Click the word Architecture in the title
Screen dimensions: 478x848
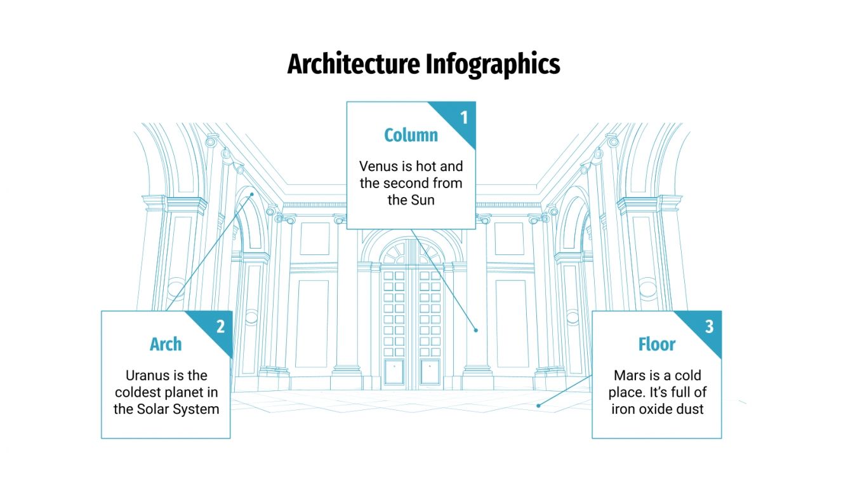click(354, 64)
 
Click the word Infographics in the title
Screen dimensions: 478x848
click(493, 64)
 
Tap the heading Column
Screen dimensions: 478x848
click(411, 135)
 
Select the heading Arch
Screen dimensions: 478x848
click(166, 344)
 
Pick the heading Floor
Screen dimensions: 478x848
click(657, 344)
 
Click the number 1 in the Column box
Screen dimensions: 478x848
click(464, 118)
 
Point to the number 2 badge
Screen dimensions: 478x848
click(220, 327)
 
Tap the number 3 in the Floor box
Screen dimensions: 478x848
click(709, 327)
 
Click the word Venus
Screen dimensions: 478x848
click(378, 167)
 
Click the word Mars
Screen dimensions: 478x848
click(630, 375)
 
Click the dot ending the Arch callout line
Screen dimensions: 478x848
click(252, 195)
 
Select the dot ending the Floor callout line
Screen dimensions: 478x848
click(539, 405)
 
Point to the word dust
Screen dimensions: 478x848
click(689, 409)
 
